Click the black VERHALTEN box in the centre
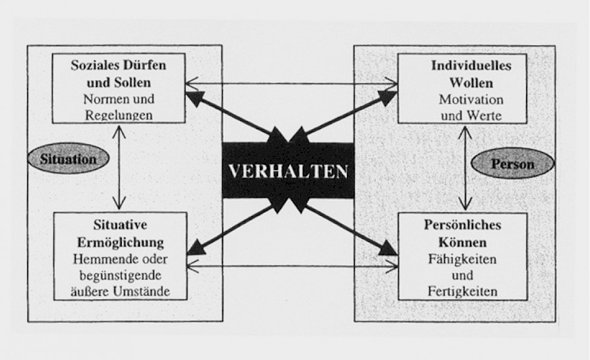288,171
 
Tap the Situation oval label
68,159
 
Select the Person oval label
513,163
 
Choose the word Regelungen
119,115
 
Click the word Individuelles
471,66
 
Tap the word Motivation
471,99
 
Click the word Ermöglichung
121,242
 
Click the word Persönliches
463,224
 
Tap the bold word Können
463,242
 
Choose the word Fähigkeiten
463,259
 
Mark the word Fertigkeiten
463,291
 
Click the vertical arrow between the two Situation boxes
119,168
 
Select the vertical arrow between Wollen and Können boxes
466,168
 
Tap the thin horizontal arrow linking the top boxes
291,83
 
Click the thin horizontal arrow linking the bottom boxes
293,267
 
